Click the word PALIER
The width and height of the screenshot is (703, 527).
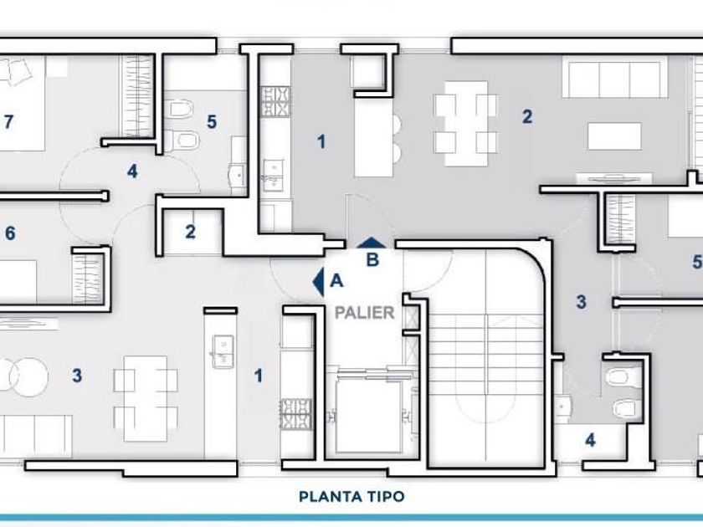(x=365, y=312)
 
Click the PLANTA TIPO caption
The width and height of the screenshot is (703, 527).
(x=351, y=497)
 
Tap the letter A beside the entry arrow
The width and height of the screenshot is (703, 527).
(x=336, y=281)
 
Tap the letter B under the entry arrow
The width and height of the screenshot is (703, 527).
(x=372, y=260)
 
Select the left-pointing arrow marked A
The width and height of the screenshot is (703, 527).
(x=319, y=282)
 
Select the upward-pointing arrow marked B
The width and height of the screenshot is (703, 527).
(x=372, y=243)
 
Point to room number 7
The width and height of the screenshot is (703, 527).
(x=9, y=121)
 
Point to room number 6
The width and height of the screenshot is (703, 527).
(x=10, y=233)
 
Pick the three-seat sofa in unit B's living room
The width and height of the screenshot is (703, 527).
(x=611, y=79)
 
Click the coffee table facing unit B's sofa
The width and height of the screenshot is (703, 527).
(x=614, y=136)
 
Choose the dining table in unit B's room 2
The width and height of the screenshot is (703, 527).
(x=466, y=123)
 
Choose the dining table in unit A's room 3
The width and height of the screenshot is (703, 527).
(x=146, y=399)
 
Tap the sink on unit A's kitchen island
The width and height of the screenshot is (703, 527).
(x=222, y=352)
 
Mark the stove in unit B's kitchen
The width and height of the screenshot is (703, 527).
(x=275, y=102)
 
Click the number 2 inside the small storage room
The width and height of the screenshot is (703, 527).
(x=191, y=232)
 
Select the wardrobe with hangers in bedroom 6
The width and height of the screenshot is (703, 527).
(x=88, y=277)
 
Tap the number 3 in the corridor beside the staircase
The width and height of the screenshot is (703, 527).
(x=581, y=302)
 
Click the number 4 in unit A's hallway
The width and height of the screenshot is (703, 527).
(x=132, y=171)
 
